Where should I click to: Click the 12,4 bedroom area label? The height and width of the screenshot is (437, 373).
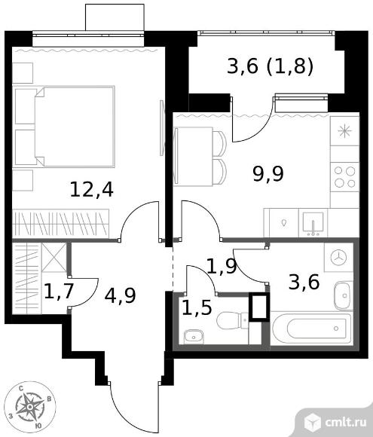click(91, 190)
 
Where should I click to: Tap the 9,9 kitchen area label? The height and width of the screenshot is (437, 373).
click(268, 174)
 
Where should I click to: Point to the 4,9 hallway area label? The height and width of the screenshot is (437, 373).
click(120, 295)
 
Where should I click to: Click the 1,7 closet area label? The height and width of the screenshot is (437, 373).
click(59, 292)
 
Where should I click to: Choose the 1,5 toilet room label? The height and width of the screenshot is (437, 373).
click(197, 308)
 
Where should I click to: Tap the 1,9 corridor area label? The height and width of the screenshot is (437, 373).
click(222, 266)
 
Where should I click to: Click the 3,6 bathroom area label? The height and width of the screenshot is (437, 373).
click(304, 283)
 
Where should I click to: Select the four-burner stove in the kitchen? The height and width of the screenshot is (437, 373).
click(345, 177)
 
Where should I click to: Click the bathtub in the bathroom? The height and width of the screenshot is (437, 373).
click(311, 329)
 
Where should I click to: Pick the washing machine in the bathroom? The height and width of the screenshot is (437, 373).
click(338, 257)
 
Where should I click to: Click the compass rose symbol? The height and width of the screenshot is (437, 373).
click(30, 408)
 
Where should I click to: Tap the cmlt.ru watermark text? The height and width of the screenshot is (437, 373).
click(345, 423)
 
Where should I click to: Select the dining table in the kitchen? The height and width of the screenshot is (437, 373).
click(193, 157)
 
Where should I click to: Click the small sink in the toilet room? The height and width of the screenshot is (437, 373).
click(194, 337)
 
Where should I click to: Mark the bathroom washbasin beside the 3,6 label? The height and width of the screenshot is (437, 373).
click(344, 295)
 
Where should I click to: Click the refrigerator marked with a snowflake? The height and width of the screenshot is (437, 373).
click(345, 131)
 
